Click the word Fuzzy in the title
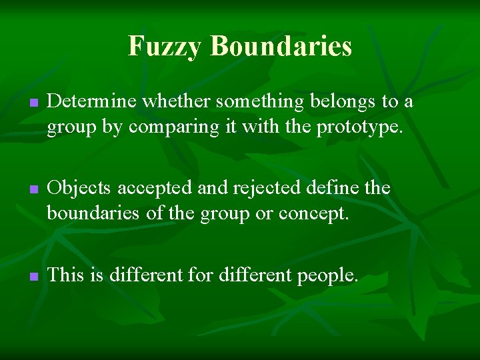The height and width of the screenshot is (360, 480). click(165, 46)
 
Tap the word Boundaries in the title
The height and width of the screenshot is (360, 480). click(281, 46)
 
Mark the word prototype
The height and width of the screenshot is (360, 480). click(360, 127)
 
